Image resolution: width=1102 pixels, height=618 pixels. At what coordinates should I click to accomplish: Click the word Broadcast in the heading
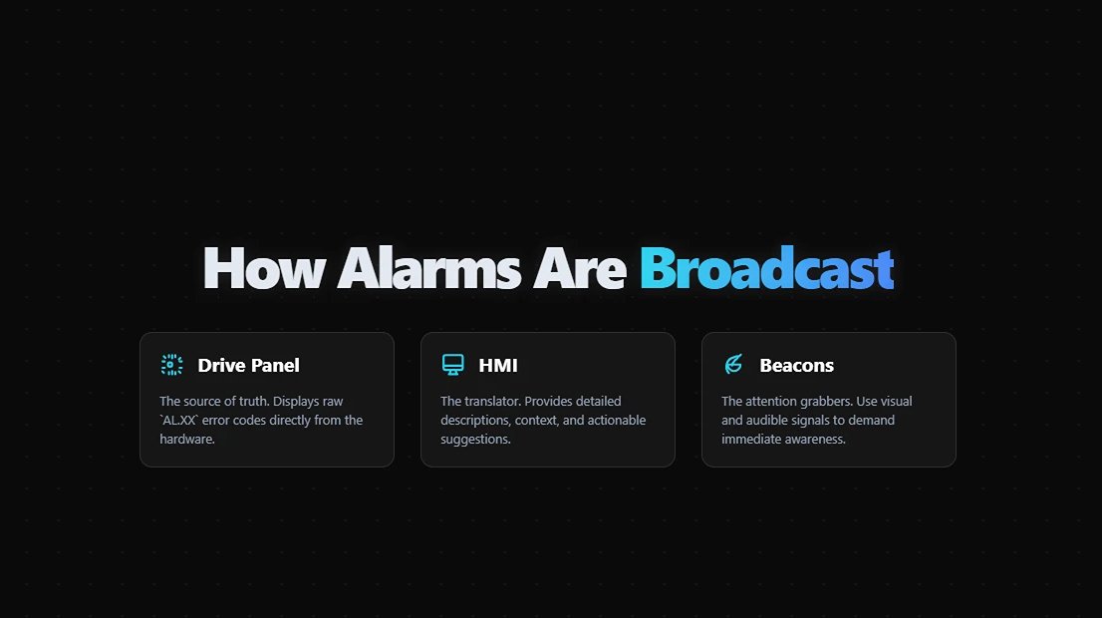(x=766, y=268)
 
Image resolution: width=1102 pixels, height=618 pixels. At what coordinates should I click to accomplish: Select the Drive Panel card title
(x=248, y=365)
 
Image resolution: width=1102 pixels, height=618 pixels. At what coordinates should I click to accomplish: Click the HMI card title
(x=498, y=365)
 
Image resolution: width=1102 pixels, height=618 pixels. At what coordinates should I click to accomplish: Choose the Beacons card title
(x=796, y=365)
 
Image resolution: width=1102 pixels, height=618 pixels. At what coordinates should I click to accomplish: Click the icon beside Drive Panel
(x=171, y=365)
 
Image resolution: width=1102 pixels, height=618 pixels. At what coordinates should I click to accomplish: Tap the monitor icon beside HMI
(x=452, y=365)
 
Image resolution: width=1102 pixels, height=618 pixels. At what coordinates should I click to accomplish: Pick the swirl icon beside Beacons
(x=733, y=365)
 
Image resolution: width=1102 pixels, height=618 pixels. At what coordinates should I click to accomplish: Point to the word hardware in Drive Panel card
(x=185, y=439)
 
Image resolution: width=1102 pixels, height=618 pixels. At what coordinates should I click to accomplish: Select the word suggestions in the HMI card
(x=474, y=439)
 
